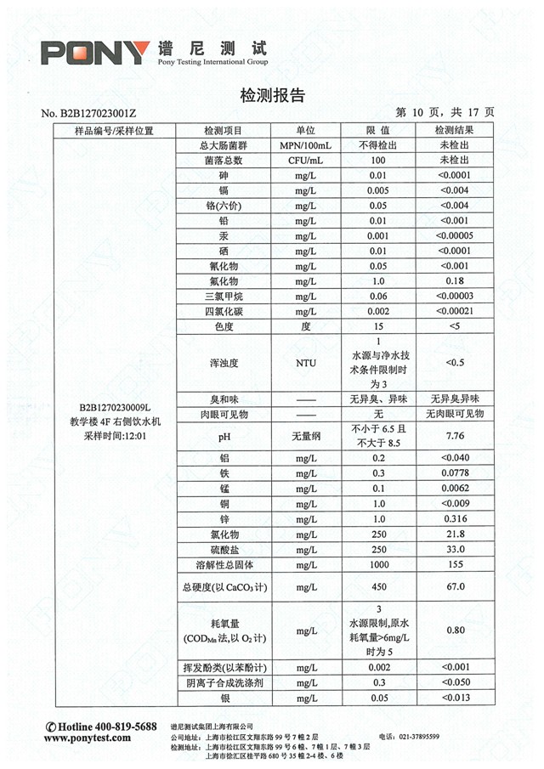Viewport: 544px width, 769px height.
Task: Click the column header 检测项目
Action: coord(223,131)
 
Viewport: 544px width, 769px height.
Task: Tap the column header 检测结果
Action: coord(453,131)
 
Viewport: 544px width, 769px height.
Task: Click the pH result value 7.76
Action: coord(454,436)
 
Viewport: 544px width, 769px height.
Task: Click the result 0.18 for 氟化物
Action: coord(454,280)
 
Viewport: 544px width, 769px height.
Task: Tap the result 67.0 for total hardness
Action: coord(454,586)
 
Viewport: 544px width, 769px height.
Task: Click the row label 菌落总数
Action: coord(224,160)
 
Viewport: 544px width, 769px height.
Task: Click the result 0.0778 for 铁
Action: coord(454,472)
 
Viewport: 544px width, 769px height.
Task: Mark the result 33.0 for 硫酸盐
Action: coord(454,549)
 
